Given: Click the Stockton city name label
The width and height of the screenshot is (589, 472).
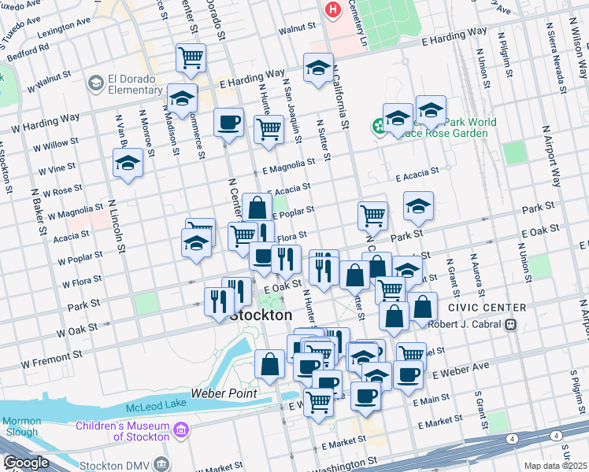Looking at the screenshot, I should coord(261,315).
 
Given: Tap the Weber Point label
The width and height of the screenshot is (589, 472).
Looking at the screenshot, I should coord(219,393).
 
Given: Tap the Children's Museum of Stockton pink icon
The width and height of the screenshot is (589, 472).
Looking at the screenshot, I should coord(182,430).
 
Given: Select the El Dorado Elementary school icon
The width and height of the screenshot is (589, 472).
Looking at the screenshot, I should coord(96,83).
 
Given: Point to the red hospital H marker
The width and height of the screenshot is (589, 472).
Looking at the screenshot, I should coord(333,9).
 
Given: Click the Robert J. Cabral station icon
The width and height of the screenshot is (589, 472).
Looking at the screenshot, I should coord(510,323).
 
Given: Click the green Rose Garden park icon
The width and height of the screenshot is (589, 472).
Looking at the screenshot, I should coord(380,124).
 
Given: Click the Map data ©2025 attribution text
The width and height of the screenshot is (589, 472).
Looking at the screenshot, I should coord(555,466).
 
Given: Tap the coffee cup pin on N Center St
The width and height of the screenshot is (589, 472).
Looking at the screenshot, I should coord(229,122).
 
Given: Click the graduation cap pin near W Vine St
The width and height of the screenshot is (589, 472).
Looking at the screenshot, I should coord(127,164).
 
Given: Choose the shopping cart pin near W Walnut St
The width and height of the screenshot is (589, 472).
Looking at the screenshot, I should coord(191,57).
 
